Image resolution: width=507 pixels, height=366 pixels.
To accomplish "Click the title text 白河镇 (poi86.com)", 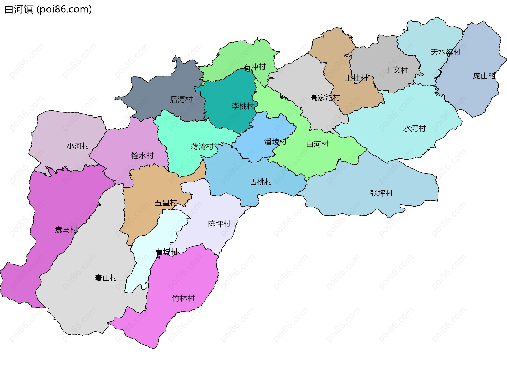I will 48,10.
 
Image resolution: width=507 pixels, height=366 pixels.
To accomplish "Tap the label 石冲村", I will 255,67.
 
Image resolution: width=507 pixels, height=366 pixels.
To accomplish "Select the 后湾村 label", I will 181,100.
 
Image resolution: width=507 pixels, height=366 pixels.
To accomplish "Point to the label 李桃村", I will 243,106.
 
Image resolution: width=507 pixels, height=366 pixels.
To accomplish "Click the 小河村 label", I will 78,146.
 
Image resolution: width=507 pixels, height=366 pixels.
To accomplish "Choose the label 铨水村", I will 142,156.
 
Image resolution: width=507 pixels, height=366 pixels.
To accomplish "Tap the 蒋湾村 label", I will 202,147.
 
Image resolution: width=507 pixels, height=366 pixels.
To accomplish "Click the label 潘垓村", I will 275,142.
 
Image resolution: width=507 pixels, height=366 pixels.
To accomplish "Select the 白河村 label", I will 317,144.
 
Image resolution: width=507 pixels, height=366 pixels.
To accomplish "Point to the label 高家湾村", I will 325,98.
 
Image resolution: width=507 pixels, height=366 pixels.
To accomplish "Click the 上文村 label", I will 397,70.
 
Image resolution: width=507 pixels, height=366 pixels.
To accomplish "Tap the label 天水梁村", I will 445,52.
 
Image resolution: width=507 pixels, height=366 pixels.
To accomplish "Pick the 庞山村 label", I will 484,76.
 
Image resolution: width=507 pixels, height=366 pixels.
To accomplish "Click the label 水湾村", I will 415,129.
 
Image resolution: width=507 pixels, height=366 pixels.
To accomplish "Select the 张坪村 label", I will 381,193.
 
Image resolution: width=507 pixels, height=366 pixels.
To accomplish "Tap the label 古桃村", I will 261,182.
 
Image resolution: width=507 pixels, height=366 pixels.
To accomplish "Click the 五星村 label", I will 166,203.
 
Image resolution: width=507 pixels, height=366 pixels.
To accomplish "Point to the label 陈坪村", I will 219,224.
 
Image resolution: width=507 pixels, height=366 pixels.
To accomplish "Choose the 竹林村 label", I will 184,298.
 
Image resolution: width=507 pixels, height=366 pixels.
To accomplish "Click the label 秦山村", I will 106,278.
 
